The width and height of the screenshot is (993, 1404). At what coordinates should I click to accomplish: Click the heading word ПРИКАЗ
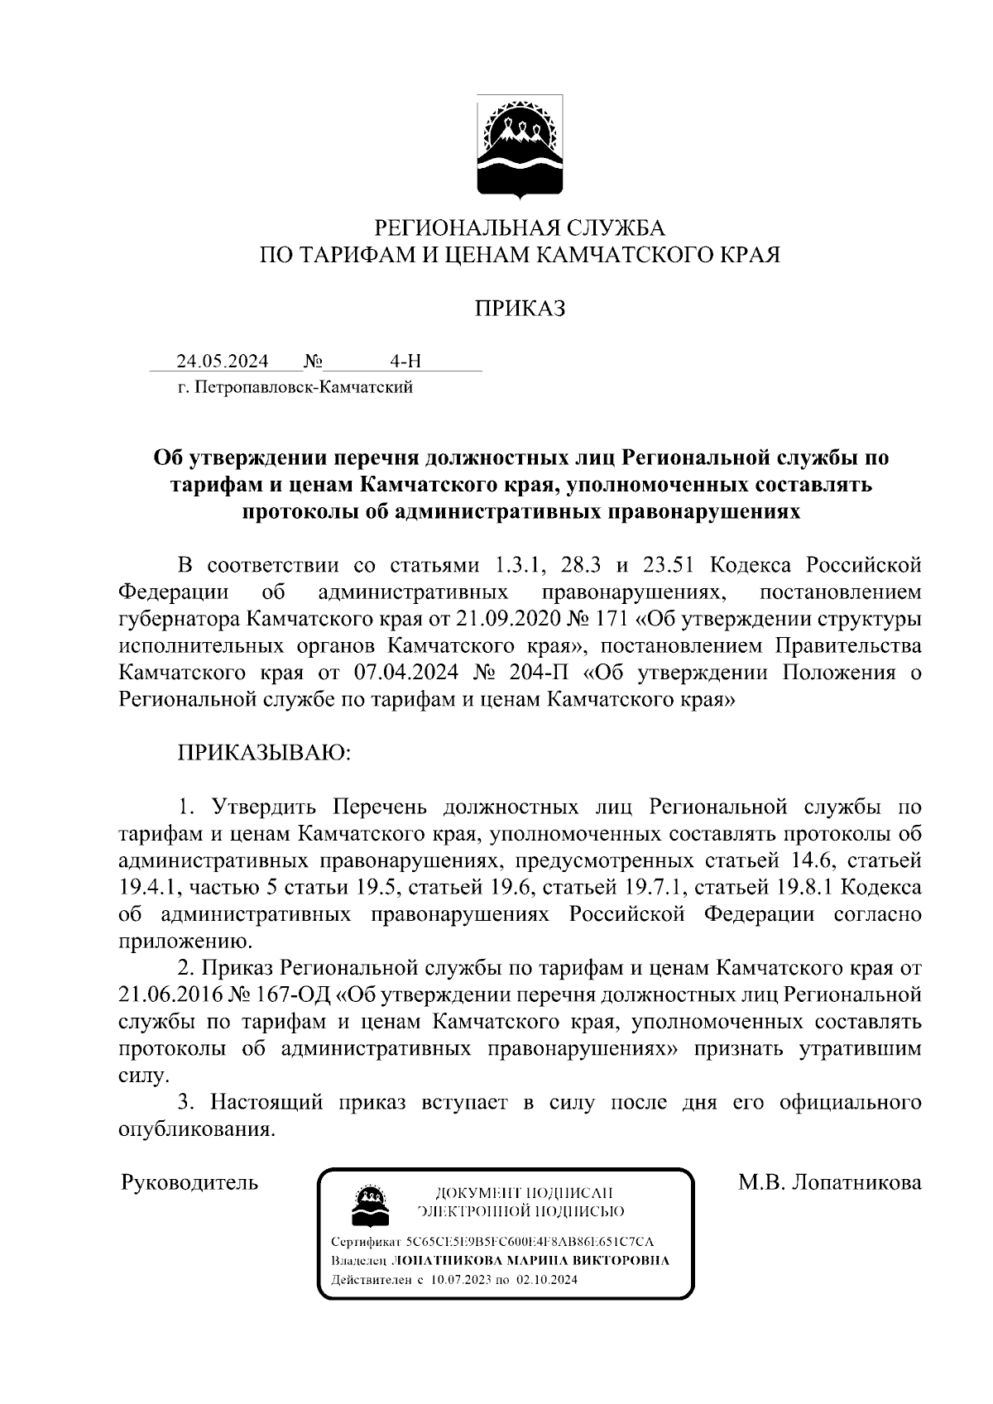pos(520,309)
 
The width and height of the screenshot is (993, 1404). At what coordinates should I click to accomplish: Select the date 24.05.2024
pos(222,362)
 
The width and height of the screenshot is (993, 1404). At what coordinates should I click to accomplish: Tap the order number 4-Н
pos(405,362)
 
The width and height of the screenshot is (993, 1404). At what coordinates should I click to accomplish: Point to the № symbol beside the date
pos(313,362)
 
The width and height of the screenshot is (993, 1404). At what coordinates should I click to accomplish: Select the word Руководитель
pos(189,1182)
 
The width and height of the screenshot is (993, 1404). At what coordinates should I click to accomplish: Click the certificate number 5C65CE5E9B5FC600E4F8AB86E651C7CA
pos(530,1243)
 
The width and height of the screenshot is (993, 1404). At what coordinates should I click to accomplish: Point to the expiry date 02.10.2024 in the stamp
pos(547,1279)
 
